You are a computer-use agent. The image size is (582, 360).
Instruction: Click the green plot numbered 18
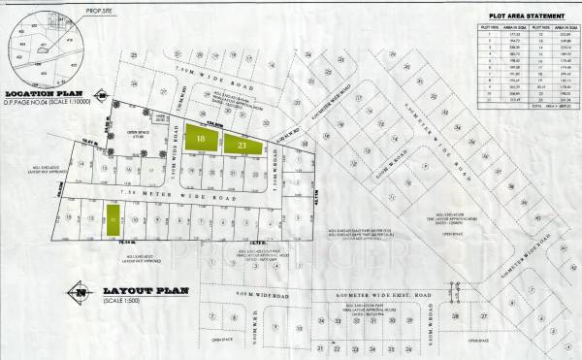tap(200, 141)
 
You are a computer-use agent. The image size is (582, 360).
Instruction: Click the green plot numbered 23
tap(242, 146)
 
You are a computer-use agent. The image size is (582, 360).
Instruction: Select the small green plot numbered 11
tap(113, 222)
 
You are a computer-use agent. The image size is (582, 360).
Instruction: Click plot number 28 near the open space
tap(454, 316)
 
